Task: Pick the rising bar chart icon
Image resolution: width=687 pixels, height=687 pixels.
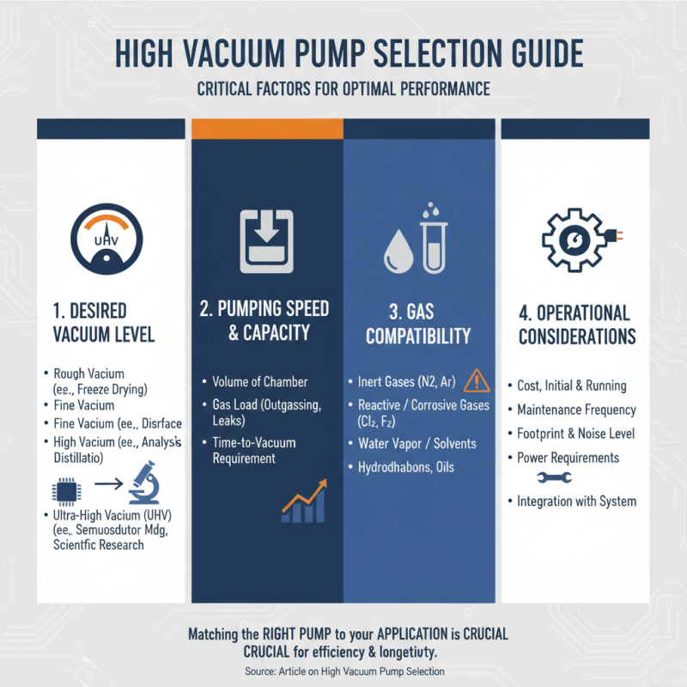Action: [305, 503]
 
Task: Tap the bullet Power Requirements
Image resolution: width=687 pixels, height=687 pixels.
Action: [568, 457]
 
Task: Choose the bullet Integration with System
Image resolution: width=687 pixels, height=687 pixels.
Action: [576, 501]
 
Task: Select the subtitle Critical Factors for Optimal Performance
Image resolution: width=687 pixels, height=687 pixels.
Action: [343, 88]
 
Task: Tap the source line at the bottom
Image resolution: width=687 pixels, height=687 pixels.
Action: [343, 672]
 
